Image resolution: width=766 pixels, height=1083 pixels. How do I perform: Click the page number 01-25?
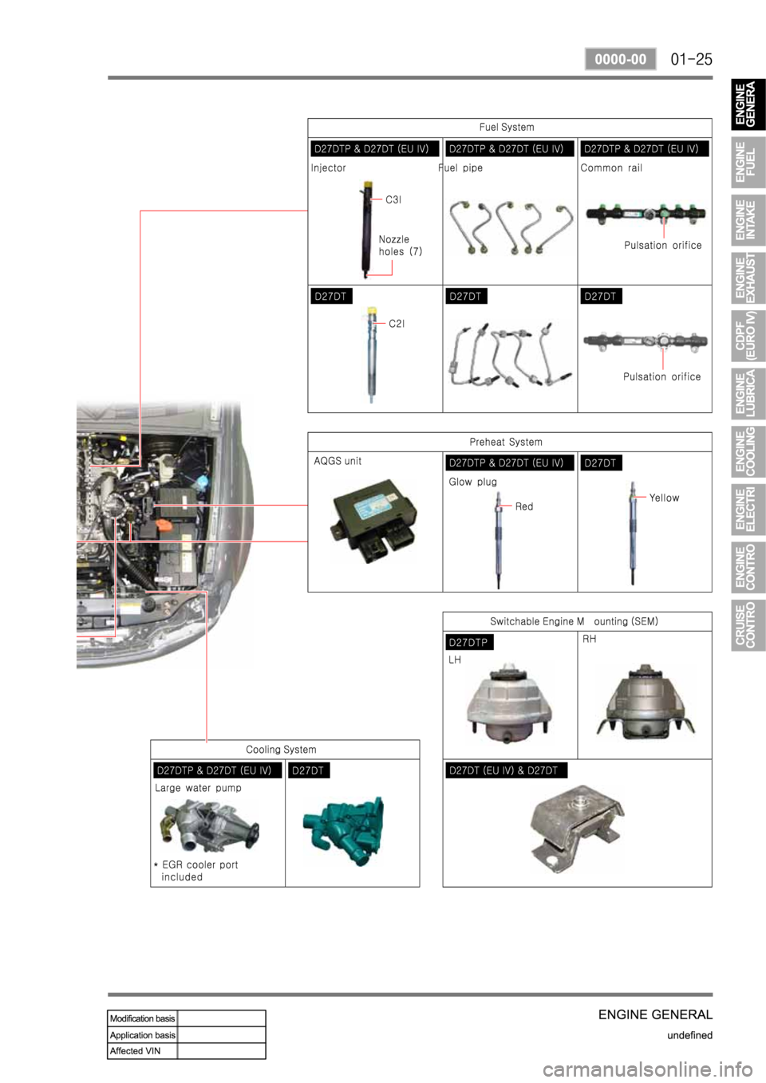[x=691, y=60]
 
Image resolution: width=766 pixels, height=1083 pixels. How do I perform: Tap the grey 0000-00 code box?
[x=621, y=60]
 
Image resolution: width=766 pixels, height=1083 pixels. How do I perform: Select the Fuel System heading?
[x=507, y=127]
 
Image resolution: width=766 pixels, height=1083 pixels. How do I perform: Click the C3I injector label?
[x=393, y=199]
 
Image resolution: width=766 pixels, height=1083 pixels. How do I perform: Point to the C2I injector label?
[x=397, y=324]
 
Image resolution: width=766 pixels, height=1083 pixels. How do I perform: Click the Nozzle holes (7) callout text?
[x=401, y=245]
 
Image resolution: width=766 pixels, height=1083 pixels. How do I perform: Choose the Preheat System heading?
[x=506, y=442]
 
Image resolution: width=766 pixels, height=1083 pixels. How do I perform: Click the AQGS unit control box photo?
[x=373, y=521]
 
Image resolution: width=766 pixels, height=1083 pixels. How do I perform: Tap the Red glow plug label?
[x=524, y=506]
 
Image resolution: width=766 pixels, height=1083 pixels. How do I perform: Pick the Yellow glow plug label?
[x=664, y=498]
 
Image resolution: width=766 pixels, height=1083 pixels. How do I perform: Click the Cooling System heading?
[x=281, y=750]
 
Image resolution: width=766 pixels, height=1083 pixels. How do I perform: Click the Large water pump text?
[x=198, y=788]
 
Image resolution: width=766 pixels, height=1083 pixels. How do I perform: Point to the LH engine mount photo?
[x=509, y=703]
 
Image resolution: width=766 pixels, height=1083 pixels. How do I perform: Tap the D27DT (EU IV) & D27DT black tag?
[x=504, y=770]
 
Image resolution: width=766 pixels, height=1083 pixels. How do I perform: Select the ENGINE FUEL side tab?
[x=748, y=163]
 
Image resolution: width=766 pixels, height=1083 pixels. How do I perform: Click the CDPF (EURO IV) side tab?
[x=748, y=336]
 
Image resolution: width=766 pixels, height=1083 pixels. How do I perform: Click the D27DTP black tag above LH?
[x=468, y=642]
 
